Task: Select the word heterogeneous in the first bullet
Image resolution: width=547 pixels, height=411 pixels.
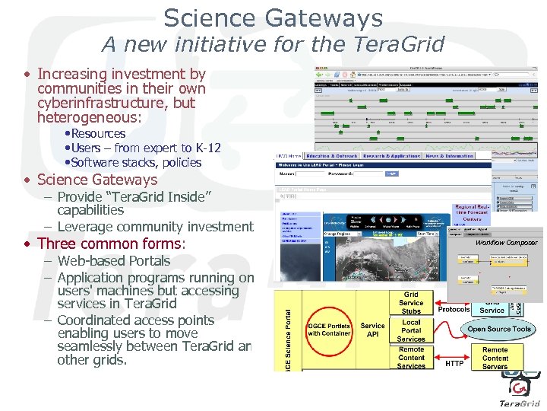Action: (x=82, y=118)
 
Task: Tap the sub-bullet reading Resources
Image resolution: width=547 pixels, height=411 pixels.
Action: (x=98, y=134)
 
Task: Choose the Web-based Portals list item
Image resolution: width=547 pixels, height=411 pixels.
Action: (x=113, y=260)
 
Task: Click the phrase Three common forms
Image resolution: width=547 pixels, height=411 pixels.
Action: (x=109, y=244)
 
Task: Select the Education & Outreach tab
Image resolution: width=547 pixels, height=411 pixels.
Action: (x=331, y=156)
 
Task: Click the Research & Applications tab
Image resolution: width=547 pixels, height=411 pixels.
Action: (x=390, y=156)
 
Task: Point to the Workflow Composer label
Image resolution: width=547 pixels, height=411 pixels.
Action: (x=506, y=243)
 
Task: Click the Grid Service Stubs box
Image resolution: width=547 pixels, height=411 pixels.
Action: (x=411, y=301)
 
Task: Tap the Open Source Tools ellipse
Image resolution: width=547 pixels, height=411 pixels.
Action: (x=499, y=329)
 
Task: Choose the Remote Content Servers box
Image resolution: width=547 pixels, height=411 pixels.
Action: (x=495, y=358)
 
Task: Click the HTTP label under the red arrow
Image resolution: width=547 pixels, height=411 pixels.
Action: (x=454, y=364)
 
